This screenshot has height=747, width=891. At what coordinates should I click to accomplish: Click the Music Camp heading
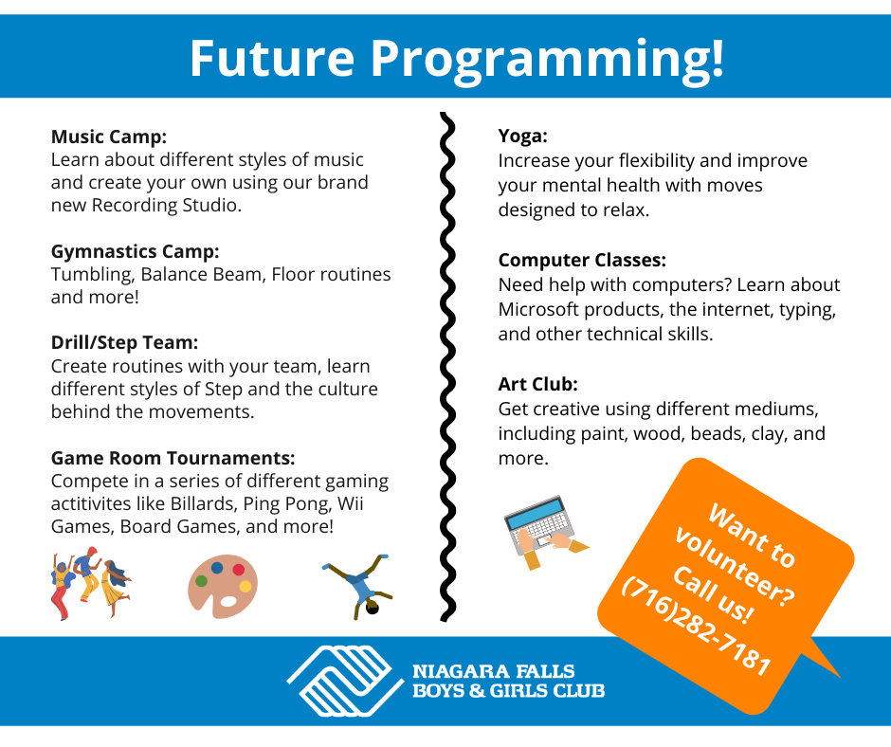pos(109,137)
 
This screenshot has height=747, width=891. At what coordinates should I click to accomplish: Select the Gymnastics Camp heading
pos(136,251)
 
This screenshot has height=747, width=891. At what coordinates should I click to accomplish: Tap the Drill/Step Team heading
pos(124,343)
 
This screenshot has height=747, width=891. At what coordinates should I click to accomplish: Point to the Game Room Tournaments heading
pos(173,458)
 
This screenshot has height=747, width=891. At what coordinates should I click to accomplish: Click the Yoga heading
pos(523,137)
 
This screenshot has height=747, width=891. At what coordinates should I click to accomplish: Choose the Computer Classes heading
pos(582,260)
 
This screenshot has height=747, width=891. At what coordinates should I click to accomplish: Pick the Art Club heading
pos(537,384)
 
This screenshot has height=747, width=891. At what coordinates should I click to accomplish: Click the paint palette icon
pos(222,586)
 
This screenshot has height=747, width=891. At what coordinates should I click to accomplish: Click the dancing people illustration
pos(91,583)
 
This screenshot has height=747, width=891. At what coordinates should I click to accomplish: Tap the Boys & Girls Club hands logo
pos(345,681)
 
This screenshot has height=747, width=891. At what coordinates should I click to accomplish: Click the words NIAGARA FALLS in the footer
pos(493,671)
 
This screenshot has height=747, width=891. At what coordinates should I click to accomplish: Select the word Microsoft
pos(538,309)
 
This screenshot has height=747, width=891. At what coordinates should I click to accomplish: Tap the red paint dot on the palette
pos(239,570)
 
